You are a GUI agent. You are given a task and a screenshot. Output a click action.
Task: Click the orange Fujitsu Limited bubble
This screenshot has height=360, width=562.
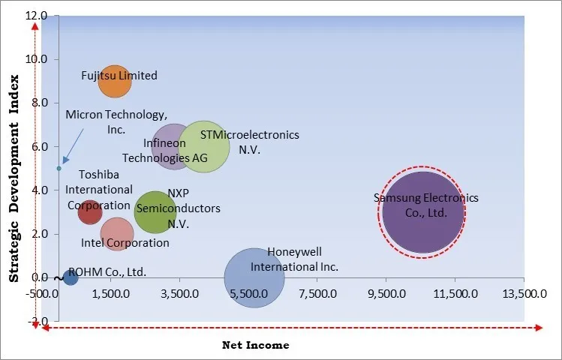[114, 81]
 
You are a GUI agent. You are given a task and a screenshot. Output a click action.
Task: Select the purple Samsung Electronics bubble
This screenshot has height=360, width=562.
[422, 212]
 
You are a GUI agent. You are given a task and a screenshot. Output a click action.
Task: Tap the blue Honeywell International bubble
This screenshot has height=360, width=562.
[254, 277]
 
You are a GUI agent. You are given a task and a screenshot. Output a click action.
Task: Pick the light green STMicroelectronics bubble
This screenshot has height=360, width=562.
[203, 146]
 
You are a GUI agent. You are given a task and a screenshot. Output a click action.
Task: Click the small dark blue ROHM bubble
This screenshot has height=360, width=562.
[70, 277]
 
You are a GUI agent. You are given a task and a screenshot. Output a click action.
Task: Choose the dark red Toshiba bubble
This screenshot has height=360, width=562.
[89, 212]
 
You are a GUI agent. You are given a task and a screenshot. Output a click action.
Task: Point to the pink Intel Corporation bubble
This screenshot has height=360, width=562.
[116, 234]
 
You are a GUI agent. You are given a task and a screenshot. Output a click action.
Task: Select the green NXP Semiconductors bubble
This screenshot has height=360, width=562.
[155, 212]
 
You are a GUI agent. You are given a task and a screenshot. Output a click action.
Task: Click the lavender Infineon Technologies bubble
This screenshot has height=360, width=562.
[174, 146]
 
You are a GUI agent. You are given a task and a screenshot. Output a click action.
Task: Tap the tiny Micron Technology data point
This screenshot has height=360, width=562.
[59, 168]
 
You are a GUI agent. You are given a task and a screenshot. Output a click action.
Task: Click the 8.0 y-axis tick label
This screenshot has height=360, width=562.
[38, 103]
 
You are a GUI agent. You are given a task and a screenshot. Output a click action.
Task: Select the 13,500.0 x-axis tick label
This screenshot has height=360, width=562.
[524, 295]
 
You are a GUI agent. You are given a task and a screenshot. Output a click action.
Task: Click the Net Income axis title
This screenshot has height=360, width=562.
[255, 345]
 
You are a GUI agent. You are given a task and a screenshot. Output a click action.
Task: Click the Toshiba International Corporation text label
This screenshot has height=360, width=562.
[99, 190]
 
